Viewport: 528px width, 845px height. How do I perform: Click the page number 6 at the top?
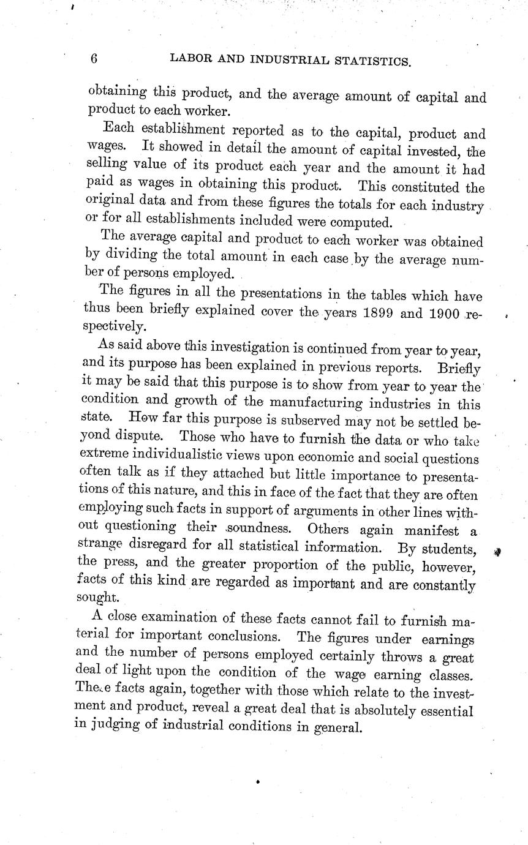94,59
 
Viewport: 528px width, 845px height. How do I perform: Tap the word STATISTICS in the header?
370,60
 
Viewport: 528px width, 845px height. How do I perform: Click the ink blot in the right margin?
497,552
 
